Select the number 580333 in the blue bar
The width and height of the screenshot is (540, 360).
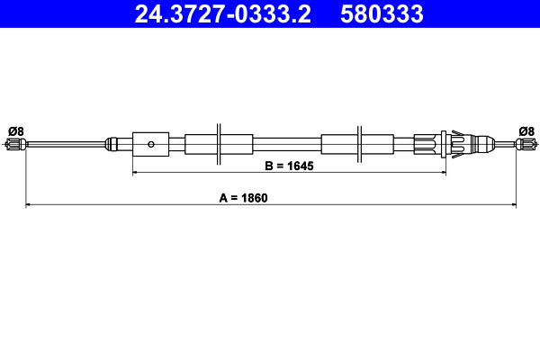point(382,13)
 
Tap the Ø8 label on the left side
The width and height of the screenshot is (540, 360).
point(14,130)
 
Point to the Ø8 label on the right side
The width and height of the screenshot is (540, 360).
point(526,130)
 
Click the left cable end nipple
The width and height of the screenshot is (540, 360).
point(13,144)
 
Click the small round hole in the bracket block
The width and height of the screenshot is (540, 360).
point(152,143)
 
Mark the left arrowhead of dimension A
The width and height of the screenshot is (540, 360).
point(29,205)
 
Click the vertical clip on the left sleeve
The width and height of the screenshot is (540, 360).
point(220,142)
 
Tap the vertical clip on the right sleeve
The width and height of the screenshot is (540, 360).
point(359,142)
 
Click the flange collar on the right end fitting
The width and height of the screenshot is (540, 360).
point(445,143)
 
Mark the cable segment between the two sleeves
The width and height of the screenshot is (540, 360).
point(288,143)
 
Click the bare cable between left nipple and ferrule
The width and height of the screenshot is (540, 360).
point(63,143)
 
